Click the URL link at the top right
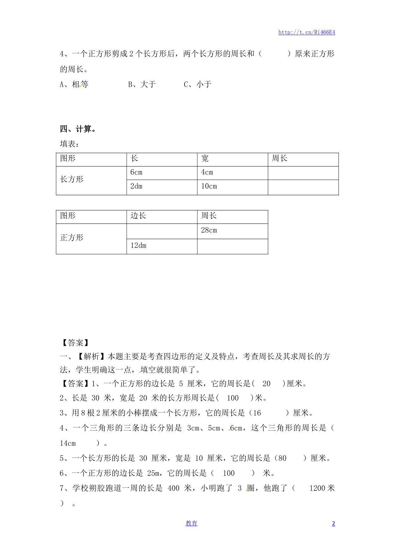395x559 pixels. (x=307, y=32)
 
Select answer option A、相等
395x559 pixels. (x=74, y=84)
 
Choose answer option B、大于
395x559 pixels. (x=142, y=84)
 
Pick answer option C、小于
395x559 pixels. (x=198, y=84)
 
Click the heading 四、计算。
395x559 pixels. (x=78, y=129)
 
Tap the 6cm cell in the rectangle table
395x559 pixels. (x=137, y=172)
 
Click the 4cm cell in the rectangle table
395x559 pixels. (x=207, y=172)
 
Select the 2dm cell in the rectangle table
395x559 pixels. (x=137, y=186)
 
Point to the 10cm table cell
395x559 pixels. (x=209, y=186)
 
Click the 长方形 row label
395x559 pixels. (x=72, y=179)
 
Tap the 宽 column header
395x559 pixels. (x=205, y=158)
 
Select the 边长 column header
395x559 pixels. (x=138, y=216)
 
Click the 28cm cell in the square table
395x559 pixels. (x=209, y=230)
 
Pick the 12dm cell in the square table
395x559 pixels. (x=138, y=245)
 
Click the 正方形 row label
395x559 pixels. (x=72, y=238)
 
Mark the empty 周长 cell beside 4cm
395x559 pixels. (x=303, y=173)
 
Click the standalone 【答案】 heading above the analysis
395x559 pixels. (x=75, y=343)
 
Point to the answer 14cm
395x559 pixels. (x=68, y=443)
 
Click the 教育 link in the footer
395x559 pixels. (x=191, y=523)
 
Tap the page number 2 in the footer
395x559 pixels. (x=333, y=524)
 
